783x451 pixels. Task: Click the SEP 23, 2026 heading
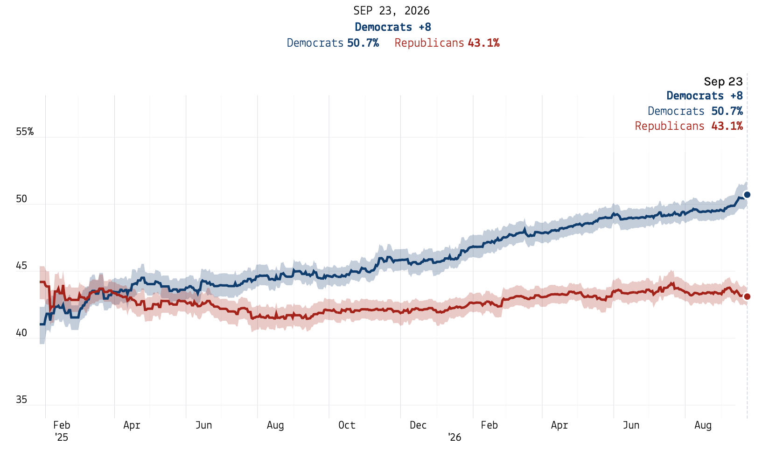pyautogui.click(x=391, y=11)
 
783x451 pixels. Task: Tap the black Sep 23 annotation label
pyautogui.click(x=723, y=81)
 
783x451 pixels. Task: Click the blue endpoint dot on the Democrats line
pyautogui.click(x=747, y=195)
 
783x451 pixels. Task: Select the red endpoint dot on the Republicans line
pyautogui.click(x=747, y=296)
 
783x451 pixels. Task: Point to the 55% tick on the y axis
pyautogui.click(x=25, y=132)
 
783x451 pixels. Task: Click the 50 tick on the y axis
pyautogui.click(x=21, y=199)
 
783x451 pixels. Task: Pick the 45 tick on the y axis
pyautogui.click(x=21, y=266)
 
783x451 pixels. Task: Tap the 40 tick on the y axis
pyautogui.click(x=21, y=333)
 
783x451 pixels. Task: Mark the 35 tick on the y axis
pyautogui.click(x=21, y=400)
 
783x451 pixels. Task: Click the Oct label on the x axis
pyautogui.click(x=347, y=425)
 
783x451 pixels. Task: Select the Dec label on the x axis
pyautogui.click(x=418, y=425)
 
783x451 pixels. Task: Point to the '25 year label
pyautogui.click(x=62, y=437)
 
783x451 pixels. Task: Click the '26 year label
pyautogui.click(x=454, y=437)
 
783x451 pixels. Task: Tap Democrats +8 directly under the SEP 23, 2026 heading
pyautogui.click(x=393, y=27)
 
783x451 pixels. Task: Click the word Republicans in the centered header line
pyautogui.click(x=429, y=43)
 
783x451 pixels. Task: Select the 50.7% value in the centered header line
pyautogui.click(x=363, y=43)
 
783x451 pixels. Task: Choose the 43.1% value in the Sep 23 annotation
pyautogui.click(x=727, y=126)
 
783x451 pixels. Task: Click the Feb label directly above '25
pyautogui.click(x=62, y=425)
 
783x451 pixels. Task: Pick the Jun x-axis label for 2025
pyautogui.click(x=203, y=425)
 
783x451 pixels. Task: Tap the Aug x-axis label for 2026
pyautogui.click(x=703, y=425)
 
